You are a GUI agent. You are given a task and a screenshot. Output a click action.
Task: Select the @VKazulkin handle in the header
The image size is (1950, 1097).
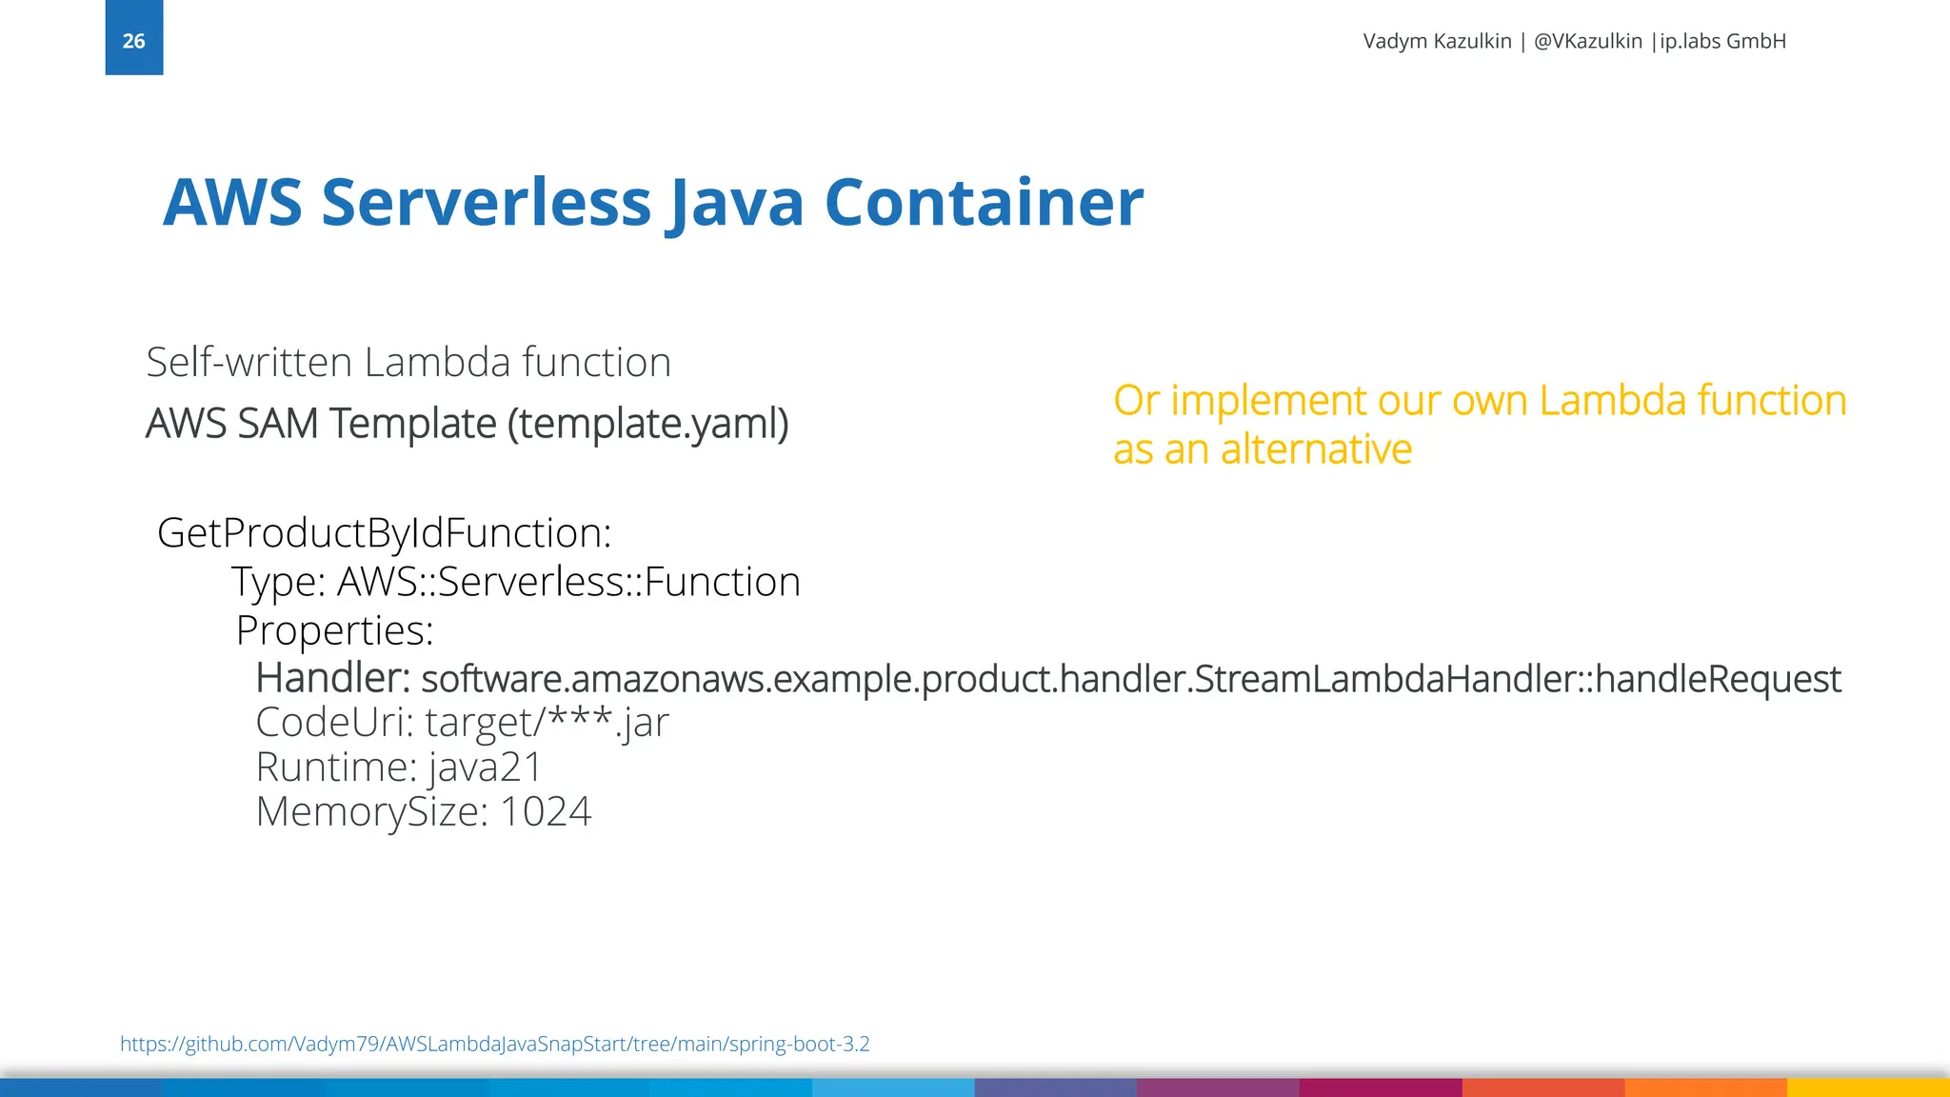point(1587,41)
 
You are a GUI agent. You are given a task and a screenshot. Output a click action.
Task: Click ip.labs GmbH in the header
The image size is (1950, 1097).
point(1722,41)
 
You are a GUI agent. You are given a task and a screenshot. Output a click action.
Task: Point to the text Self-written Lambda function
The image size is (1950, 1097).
point(408,363)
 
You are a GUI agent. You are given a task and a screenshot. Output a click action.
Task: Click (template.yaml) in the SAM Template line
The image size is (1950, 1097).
point(647,424)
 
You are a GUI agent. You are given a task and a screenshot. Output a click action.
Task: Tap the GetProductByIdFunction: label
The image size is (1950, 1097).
point(384,533)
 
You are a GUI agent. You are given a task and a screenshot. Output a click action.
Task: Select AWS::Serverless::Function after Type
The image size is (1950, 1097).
point(568,582)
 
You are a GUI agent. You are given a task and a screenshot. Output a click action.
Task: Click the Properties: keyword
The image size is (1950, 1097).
point(334,630)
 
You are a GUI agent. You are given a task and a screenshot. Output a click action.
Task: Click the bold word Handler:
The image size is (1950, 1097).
point(332,678)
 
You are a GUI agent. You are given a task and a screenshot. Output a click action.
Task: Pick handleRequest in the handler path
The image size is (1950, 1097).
point(1718,679)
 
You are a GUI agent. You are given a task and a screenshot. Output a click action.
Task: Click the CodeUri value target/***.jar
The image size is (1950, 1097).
point(547,723)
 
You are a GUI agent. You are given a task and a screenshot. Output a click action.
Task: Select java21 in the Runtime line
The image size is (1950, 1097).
point(485,768)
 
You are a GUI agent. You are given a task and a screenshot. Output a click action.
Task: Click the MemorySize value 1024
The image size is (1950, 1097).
point(545,812)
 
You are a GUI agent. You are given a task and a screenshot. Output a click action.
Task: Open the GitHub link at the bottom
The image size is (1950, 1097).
point(494,1044)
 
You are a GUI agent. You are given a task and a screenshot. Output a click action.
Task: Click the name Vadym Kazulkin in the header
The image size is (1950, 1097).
point(1436,41)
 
